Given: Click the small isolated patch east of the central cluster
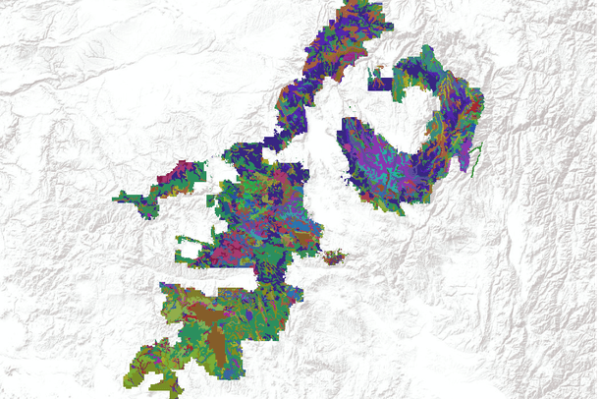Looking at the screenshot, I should pos(336,257).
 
